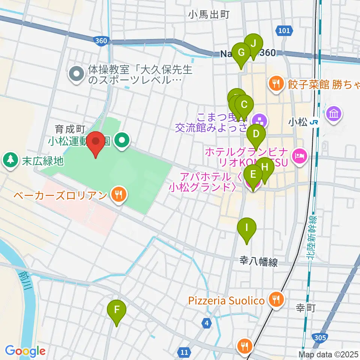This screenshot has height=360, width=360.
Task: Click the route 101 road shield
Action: [x=284, y=31]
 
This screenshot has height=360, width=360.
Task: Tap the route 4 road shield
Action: [x=206, y=322]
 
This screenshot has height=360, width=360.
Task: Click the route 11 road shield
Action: [x=184, y=352]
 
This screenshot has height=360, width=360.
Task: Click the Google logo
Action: [x=25, y=351]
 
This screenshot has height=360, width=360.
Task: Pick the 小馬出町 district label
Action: [x=209, y=15]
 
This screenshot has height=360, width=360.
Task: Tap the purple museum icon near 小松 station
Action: [x=334, y=113]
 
